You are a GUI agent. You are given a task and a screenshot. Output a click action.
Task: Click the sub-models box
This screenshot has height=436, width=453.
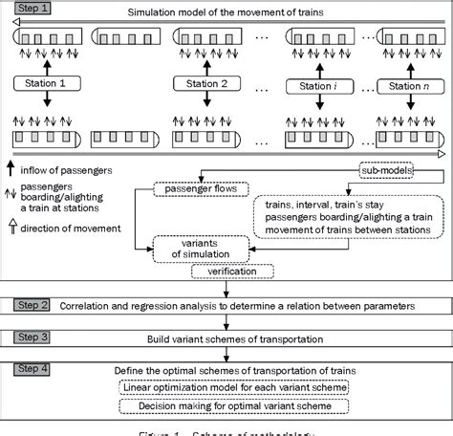coord(383,169)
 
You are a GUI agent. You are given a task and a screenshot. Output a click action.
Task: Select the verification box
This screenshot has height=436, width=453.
coord(230,272)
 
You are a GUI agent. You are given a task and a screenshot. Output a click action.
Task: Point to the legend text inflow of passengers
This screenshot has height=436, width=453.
coord(66,169)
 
